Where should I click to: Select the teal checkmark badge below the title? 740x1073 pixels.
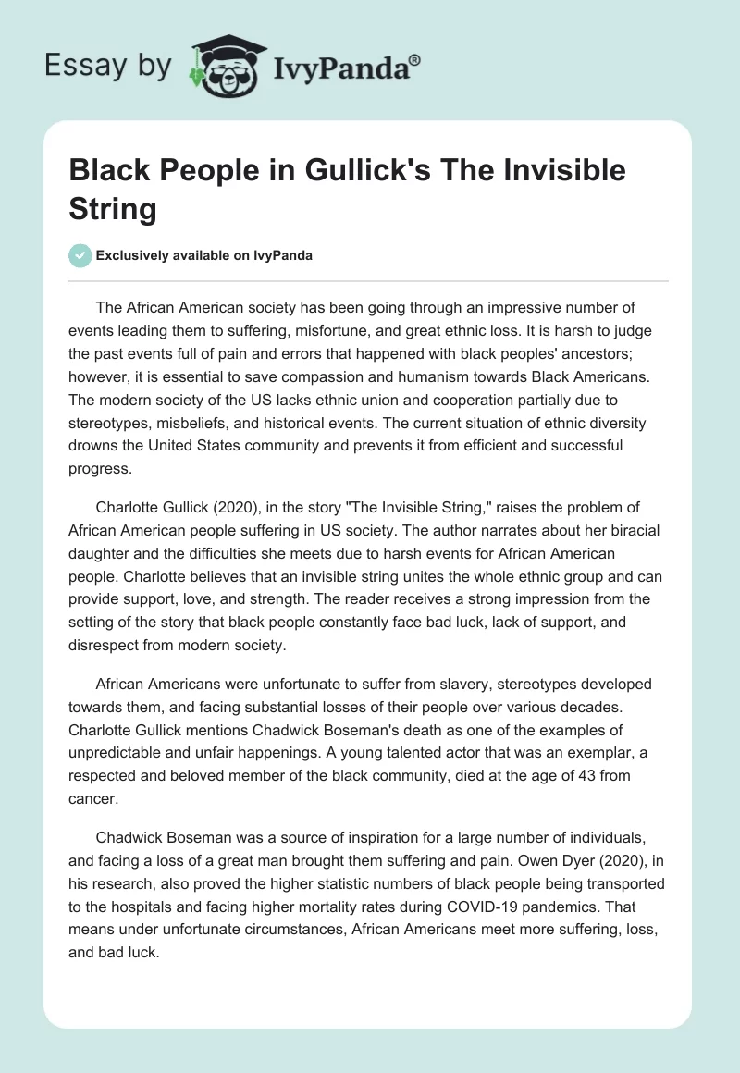pyautogui.click(x=80, y=256)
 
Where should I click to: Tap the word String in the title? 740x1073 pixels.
pyautogui.click(x=113, y=208)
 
